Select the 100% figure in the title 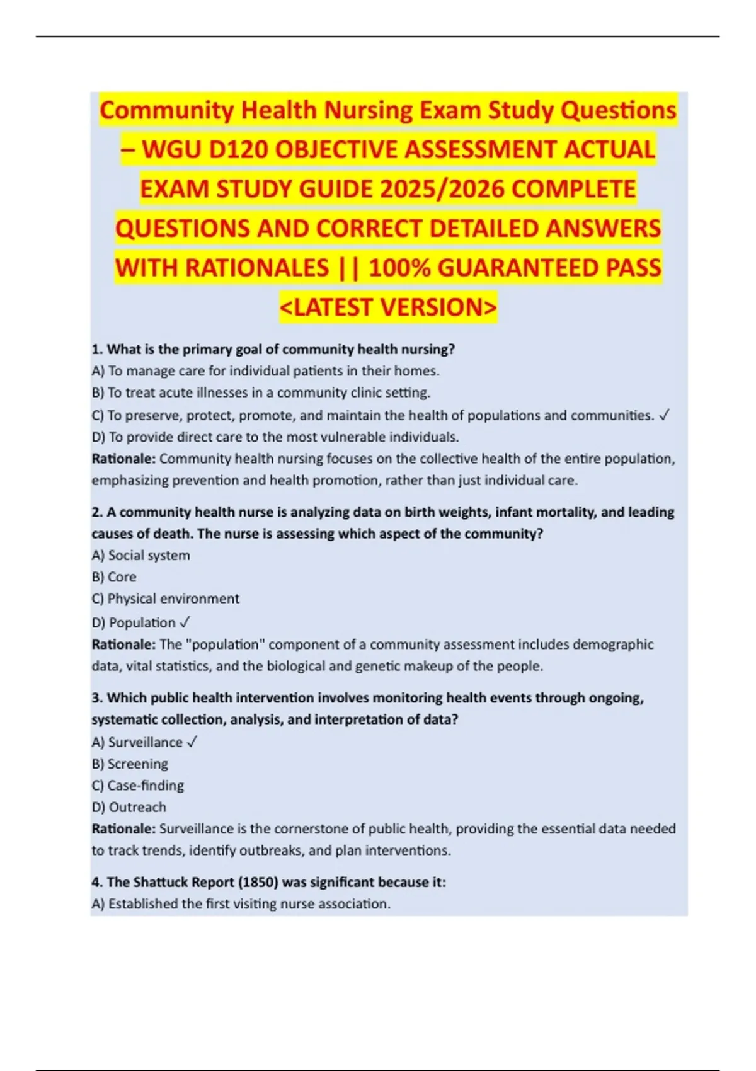399,268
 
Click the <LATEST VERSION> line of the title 388,307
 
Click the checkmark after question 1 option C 664,415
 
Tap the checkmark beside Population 185,622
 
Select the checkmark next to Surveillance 192,742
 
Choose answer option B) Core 114,577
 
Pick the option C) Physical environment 166,598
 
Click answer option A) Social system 140,556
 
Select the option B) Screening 130,764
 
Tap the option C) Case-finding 138,786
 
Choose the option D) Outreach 129,807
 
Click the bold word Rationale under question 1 123,459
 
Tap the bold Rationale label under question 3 123,828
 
